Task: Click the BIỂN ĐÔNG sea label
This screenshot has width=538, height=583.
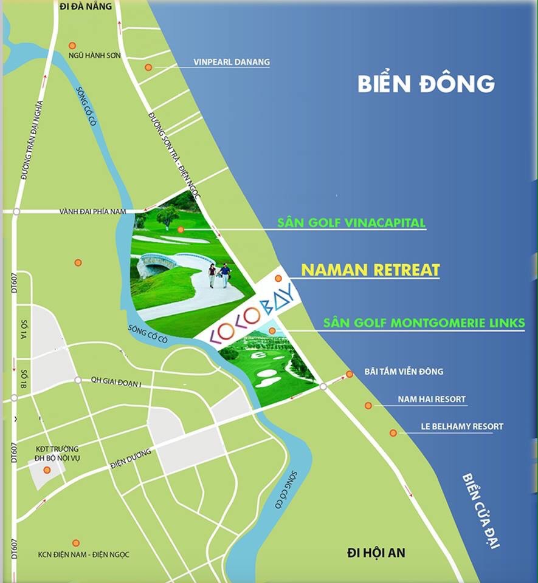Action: (x=426, y=83)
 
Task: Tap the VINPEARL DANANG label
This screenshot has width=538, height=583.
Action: (x=231, y=62)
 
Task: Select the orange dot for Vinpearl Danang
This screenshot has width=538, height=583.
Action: (x=148, y=67)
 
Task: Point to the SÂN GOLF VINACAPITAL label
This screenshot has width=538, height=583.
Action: (x=351, y=223)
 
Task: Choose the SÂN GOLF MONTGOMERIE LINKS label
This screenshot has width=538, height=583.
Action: (x=424, y=323)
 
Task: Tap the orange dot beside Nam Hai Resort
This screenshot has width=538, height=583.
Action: (x=368, y=406)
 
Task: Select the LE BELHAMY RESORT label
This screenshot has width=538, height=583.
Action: (x=462, y=426)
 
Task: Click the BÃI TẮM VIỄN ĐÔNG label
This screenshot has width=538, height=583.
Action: (x=404, y=372)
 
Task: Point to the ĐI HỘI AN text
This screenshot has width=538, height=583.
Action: (x=376, y=553)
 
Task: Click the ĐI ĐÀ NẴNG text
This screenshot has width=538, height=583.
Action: (x=87, y=6)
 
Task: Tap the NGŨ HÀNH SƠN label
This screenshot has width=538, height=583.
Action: (x=95, y=56)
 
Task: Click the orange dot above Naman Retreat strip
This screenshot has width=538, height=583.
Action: (x=278, y=278)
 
